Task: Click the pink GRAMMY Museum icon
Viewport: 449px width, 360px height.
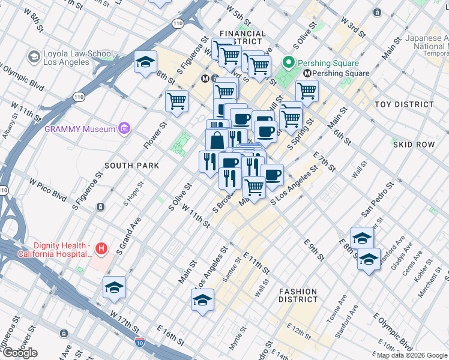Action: point(124,128)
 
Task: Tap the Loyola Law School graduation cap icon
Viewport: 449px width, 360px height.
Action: point(34,57)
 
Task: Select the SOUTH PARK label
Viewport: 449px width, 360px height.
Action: point(131,166)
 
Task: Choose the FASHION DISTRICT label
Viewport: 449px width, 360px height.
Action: point(298,295)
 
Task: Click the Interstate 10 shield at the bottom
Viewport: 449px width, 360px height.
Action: point(139,342)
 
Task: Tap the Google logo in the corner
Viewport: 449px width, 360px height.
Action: point(20,353)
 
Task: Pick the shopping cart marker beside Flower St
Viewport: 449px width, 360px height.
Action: point(177,101)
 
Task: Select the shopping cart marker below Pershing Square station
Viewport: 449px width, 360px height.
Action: point(307,91)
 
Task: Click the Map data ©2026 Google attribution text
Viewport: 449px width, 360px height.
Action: point(412,355)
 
